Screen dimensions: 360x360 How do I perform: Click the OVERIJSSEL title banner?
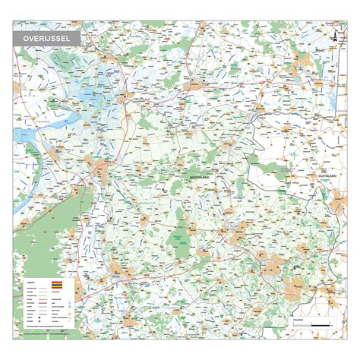pyautogui.click(x=46, y=36)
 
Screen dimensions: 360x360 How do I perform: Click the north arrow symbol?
pyautogui.click(x=332, y=37)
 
